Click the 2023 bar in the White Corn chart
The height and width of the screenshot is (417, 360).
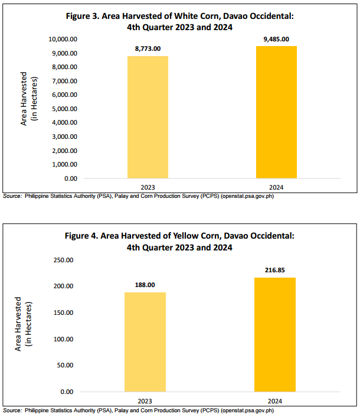click(148, 117)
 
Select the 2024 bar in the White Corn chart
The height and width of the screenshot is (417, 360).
click(276, 112)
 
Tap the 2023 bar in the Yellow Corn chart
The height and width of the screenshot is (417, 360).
click(145, 342)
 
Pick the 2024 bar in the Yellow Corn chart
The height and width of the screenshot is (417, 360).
click(275, 334)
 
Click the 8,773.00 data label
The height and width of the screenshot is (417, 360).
click(148, 48)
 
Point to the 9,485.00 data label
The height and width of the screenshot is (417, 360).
click(276, 39)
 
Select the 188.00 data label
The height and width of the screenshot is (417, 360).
click(145, 285)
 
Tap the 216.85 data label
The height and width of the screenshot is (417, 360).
click(275, 270)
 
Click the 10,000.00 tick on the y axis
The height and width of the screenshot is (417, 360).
click(63, 40)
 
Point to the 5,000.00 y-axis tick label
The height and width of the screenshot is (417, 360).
click(65, 109)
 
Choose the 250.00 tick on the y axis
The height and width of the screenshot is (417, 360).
click(64, 260)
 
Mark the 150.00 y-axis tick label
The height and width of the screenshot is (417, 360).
click(64, 312)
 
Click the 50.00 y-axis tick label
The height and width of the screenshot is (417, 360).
click(65, 365)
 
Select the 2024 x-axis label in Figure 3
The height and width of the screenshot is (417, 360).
click(276, 187)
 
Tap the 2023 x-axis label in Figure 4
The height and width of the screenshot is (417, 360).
click(145, 401)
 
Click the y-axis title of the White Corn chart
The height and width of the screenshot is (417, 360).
click(29, 99)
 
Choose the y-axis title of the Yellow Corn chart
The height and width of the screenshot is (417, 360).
click(23, 324)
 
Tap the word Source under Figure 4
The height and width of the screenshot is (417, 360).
click(12, 411)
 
